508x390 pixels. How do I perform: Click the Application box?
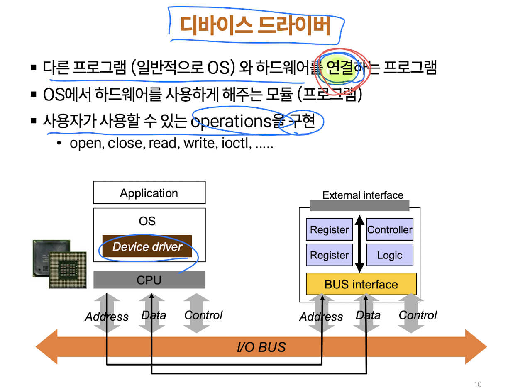[x=149, y=193]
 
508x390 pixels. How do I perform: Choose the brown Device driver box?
[x=147, y=247]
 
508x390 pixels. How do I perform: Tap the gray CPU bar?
[x=149, y=280]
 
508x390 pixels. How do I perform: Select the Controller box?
[x=390, y=230]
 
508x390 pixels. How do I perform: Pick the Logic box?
[x=390, y=255]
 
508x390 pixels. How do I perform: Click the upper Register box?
[x=330, y=230]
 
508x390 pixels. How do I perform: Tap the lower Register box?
[x=330, y=255]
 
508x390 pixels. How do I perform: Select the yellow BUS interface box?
[x=361, y=284]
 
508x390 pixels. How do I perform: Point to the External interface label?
[x=363, y=195]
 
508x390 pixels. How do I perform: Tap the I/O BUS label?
[x=261, y=347]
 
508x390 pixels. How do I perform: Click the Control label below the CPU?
[x=203, y=315]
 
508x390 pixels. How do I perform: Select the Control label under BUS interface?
[x=418, y=315]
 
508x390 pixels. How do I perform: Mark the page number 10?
[x=478, y=384]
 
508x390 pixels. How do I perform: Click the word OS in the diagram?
[x=147, y=221]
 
